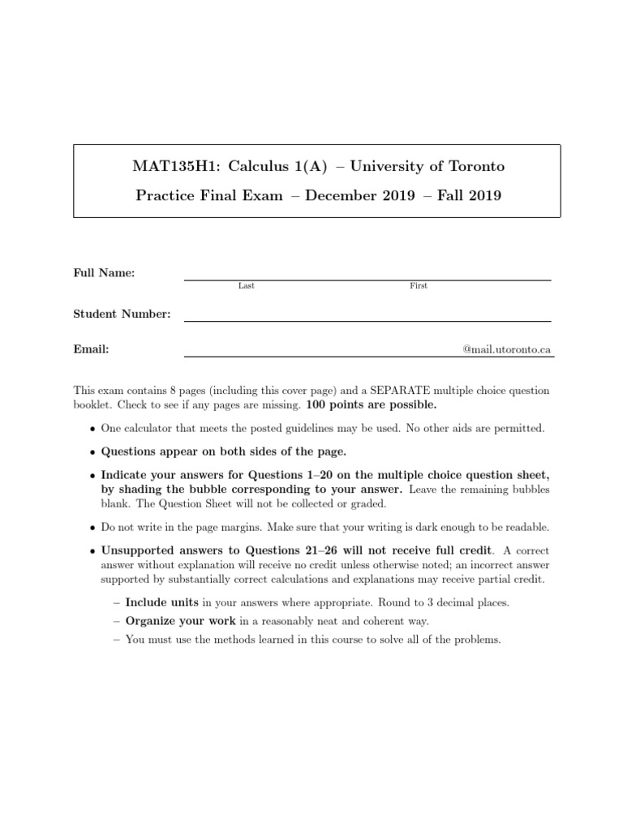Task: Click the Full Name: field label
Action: click(x=105, y=274)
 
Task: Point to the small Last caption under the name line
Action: click(x=246, y=286)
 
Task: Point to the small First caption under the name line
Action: click(x=419, y=286)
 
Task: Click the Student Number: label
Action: click(x=122, y=314)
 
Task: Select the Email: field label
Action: click(x=92, y=349)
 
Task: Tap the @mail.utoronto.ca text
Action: click(x=507, y=349)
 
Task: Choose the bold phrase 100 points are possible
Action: click(x=372, y=404)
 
